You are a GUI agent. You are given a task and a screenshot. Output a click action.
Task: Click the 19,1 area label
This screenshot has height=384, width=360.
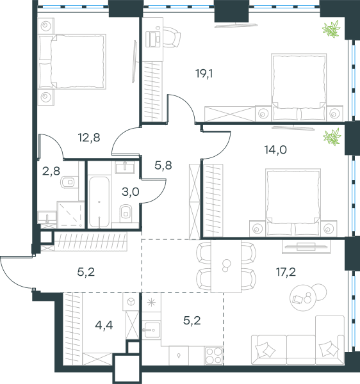coord(204,74)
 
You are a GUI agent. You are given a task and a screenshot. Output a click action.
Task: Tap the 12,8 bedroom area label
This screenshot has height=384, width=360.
coord(89,138)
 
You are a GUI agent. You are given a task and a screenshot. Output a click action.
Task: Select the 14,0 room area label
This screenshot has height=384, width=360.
coord(275,150)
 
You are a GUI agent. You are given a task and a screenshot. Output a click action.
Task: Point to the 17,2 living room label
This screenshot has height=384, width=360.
coord(286,272)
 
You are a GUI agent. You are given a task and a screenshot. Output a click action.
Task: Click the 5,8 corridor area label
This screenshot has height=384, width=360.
coord(163,165)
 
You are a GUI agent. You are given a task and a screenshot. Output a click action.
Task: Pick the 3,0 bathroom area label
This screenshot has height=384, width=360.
coord(131,192)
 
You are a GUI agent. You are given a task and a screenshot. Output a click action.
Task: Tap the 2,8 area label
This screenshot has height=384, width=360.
coord(51,171)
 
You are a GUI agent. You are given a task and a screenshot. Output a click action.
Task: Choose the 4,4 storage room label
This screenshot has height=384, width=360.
coord(104,326)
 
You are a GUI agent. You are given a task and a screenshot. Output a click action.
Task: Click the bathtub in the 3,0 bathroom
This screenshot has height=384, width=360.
coord(99,202)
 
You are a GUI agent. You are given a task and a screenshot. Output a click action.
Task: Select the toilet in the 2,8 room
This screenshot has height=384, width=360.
coord(68,182)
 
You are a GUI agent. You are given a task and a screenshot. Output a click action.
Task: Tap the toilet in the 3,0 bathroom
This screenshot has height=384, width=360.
coord(126,212)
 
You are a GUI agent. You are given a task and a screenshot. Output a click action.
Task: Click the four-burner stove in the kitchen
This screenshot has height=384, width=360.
coord(213,355)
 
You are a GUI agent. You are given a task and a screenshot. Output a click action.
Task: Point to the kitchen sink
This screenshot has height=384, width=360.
coord(151,330)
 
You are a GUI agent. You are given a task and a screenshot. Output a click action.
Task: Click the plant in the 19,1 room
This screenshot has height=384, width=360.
coord(331,29)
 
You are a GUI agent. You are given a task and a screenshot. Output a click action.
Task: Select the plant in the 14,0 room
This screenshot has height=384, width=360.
coord(332,137)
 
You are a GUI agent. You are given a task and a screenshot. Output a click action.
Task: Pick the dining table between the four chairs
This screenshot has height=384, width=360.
coord(226,266)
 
